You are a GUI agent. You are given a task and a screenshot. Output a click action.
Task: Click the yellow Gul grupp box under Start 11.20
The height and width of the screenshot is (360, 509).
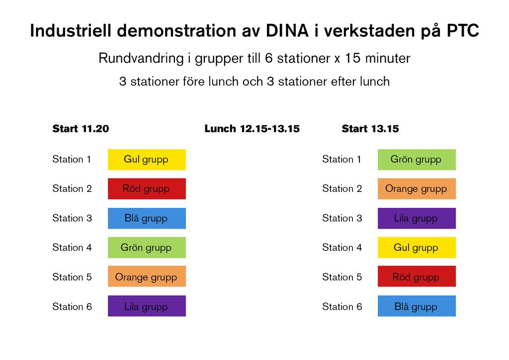[x=147, y=160]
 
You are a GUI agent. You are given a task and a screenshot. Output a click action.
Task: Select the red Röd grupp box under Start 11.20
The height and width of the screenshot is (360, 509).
[x=147, y=188]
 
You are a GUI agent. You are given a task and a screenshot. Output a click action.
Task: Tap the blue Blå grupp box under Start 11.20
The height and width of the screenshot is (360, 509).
[x=147, y=218]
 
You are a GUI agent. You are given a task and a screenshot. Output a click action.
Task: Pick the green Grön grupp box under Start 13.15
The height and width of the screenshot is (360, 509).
[x=417, y=160]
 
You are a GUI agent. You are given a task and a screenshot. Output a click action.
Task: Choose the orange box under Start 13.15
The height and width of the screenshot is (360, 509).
[x=417, y=188]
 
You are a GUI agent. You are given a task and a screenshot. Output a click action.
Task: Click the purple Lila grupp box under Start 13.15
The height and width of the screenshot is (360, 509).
[x=417, y=218]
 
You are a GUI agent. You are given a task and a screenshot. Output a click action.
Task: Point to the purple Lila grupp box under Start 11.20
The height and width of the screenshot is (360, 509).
[x=147, y=306]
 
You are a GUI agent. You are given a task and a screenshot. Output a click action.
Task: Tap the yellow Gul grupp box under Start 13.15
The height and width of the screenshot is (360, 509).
[x=417, y=247]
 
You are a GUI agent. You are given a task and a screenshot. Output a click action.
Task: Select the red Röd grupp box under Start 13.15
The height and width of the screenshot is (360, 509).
[x=417, y=276]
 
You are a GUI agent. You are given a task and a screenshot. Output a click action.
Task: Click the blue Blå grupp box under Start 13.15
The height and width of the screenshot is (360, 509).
[x=417, y=306]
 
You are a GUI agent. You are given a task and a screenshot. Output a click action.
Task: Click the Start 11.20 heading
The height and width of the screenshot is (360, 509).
[x=81, y=129]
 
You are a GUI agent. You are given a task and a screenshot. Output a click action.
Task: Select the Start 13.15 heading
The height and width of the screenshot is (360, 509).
[x=370, y=129]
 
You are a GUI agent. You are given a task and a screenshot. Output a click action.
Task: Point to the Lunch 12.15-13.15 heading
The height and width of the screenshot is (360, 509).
[x=252, y=129]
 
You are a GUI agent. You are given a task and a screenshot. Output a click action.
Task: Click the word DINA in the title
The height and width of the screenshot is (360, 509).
[x=287, y=31]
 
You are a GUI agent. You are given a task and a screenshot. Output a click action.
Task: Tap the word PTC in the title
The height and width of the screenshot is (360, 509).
[x=463, y=31]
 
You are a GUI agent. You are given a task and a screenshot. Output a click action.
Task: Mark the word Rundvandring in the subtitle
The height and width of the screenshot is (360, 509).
[x=141, y=59]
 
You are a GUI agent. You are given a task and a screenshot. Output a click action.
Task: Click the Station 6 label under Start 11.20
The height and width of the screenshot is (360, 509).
[x=72, y=306]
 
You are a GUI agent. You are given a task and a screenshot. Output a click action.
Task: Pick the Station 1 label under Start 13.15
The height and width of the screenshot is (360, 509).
[x=341, y=159]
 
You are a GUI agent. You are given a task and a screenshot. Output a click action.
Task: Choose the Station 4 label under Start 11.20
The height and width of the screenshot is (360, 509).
[x=72, y=247]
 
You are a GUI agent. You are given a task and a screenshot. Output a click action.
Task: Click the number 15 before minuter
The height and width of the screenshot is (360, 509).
[x=352, y=59]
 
